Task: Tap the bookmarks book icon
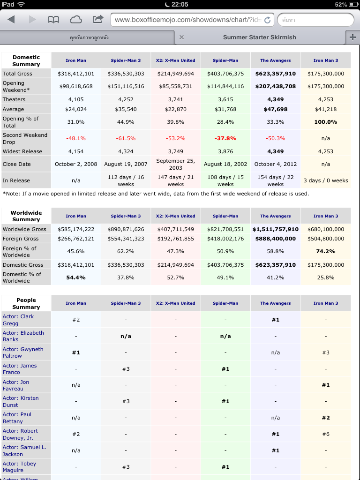coord(53,20)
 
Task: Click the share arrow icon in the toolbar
coord(97,20)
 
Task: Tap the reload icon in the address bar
coord(267,20)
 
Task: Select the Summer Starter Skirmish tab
coord(259,37)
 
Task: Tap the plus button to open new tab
coord(352,37)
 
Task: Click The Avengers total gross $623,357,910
coord(276,74)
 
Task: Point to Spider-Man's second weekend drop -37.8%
coord(225,138)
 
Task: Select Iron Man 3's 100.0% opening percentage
coord(326,122)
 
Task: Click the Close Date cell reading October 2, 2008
coord(76,164)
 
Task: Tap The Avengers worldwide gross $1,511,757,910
coord(276,229)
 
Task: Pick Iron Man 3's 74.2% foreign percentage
coord(326,251)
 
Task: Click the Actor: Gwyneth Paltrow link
coord(23,352)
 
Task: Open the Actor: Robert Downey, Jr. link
coord(23,434)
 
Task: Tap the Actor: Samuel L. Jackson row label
coord(24,450)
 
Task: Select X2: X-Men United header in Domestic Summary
coord(176,60)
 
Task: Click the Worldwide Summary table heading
coord(26,216)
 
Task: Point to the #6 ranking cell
coord(326,434)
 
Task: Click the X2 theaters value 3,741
coord(176,99)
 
